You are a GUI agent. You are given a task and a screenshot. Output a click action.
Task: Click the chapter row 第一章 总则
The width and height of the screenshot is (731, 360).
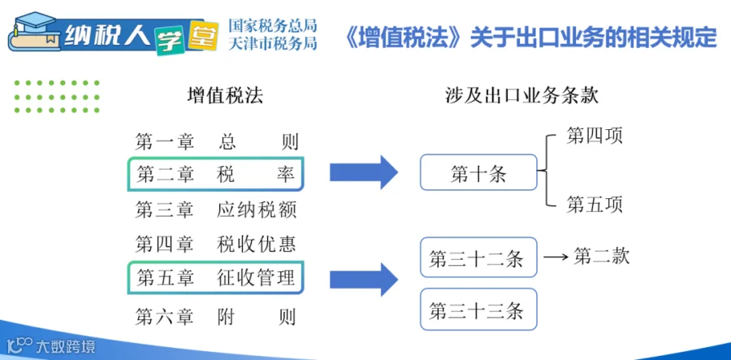(217, 141)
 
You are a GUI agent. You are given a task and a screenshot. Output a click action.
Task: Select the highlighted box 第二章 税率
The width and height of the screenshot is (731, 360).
(216, 175)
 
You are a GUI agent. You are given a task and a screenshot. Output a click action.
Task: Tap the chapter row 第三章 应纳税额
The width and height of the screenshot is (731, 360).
(216, 210)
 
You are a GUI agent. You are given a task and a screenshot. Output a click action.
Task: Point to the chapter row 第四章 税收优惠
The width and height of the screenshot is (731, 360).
(216, 245)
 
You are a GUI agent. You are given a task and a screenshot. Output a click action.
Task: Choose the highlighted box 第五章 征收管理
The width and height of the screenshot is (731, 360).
(216, 278)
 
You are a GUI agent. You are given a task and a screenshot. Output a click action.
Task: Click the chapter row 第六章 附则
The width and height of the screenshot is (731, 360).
(216, 317)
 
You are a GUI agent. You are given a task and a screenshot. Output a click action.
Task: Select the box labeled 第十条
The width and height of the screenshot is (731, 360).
(478, 172)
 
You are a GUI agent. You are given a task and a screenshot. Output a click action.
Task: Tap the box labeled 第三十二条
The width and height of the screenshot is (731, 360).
(478, 258)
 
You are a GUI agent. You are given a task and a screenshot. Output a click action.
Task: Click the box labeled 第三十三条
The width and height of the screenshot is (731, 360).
(478, 310)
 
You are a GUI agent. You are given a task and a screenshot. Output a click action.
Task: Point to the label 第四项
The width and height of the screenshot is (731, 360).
(595, 137)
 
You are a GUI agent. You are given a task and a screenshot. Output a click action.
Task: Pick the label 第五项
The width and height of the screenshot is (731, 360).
(595, 205)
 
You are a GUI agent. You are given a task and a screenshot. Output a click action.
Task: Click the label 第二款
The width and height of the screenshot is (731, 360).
(601, 256)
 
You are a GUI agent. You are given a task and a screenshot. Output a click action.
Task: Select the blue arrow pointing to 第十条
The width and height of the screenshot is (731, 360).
(364, 172)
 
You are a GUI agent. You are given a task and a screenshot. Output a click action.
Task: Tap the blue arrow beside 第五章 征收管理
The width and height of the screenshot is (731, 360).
(364, 280)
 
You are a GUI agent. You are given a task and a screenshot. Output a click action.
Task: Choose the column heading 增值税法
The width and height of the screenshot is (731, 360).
(225, 96)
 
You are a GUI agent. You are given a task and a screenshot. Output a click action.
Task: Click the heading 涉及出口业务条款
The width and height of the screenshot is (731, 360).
(521, 96)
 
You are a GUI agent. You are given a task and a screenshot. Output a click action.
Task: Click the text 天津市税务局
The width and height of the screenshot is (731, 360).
(273, 43)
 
